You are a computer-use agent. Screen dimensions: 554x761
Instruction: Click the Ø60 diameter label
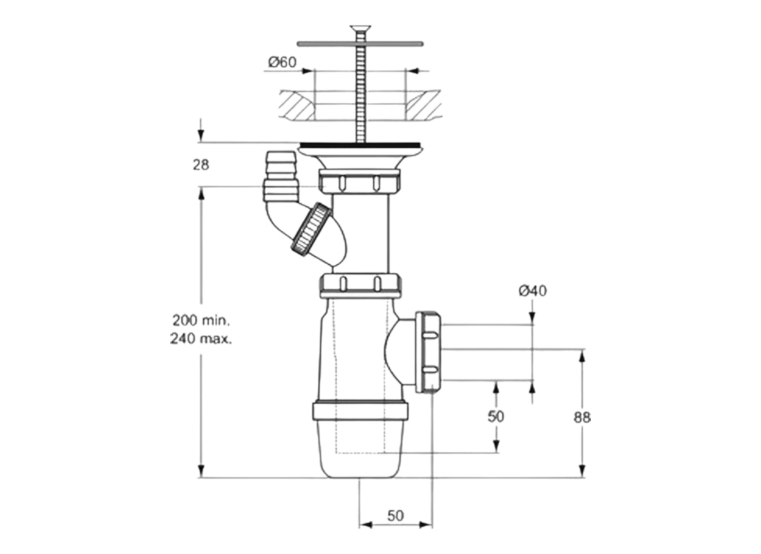282,62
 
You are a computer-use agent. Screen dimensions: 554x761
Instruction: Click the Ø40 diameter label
533,291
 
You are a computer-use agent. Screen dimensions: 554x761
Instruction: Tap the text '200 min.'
201,321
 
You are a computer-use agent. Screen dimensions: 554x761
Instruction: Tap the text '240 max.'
201,339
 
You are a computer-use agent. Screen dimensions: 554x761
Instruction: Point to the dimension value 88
583,417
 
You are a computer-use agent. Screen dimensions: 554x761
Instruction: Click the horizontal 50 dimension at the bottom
395,516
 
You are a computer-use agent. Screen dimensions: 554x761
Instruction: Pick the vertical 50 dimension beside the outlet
496,416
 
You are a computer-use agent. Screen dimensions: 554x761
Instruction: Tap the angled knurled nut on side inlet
311,229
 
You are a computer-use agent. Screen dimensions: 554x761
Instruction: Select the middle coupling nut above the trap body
360,285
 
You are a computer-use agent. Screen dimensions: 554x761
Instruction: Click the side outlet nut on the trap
428,352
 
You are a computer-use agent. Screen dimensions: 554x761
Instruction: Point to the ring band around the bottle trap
360,411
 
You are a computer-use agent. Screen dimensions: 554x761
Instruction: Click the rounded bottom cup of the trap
360,450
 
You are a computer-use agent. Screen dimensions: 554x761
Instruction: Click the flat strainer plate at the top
360,43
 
